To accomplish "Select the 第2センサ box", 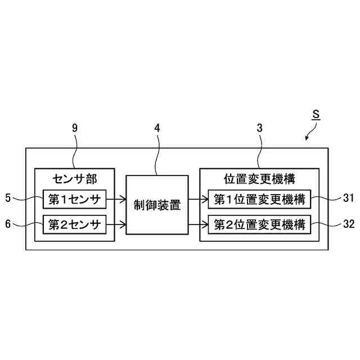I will click(x=74, y=225).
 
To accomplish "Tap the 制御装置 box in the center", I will click(x=157, y=205).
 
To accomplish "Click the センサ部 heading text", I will click(x=74, y=179).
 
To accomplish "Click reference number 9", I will click(x=75, y=128).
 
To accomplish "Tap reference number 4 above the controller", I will click(x=157, y=128).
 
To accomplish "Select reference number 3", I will click(x=259, y=128).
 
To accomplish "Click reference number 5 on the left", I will click(x=8, y=198).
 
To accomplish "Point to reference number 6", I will click(x=8, y=224).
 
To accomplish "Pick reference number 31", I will click(x=348, y=198).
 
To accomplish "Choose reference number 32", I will click(x=349, y=224).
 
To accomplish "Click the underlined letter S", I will click(x=316, y=114).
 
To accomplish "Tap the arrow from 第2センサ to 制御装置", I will click(x=116, y=225).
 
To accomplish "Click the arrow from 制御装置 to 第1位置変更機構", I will click(x=198, y=199).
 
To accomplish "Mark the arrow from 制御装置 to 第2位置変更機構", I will click(x=198, y=225).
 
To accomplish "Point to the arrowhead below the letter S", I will click(x=307, y=138).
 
